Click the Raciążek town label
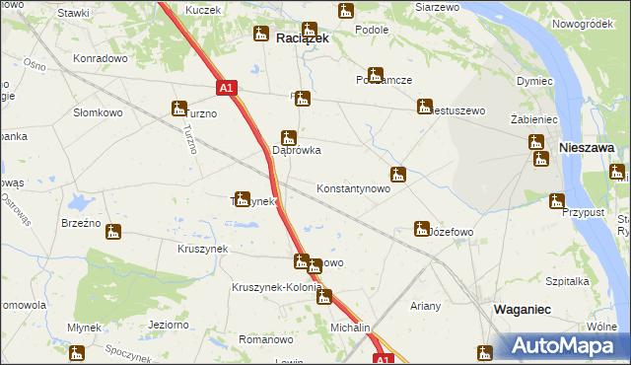[x=302, y=38]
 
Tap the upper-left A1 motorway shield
[x=226, y=88]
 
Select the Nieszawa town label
[x=587, y=147]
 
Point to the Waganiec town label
[x=522, y=310]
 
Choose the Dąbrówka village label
[x=296, y=151]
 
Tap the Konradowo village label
[x=101, y=58]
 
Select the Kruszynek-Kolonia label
[x=276, y=287]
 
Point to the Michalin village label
[x=350, y=328]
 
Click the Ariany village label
[x=426, y=306]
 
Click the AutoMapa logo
[x=563, y=345]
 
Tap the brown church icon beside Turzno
[x=179, y=109]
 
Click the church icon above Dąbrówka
[x=288, y=136]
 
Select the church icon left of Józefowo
[x=421, y=229]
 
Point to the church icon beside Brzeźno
[x=113, y=234]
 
